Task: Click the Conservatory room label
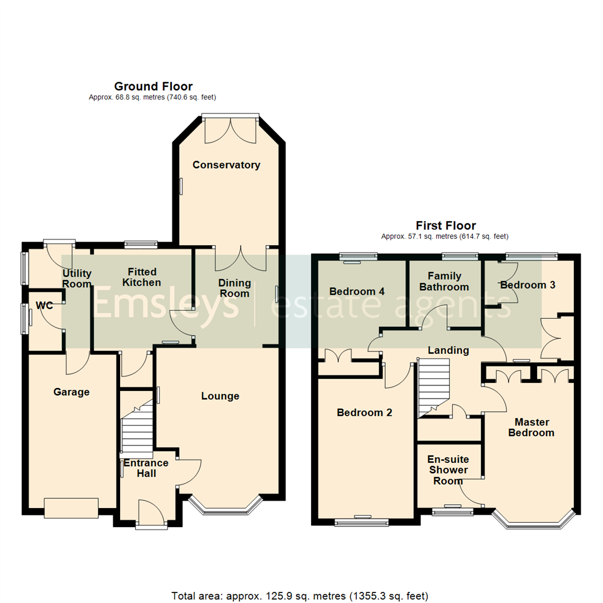226,165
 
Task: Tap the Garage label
71,392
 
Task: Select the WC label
44,305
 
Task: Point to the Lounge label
220,396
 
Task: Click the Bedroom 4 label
357,291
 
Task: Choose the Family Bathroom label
444,281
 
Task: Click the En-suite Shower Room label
448,470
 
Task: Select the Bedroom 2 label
365,413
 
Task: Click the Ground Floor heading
153,86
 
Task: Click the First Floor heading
445,226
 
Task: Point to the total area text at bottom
301,595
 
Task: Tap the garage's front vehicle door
71,507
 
